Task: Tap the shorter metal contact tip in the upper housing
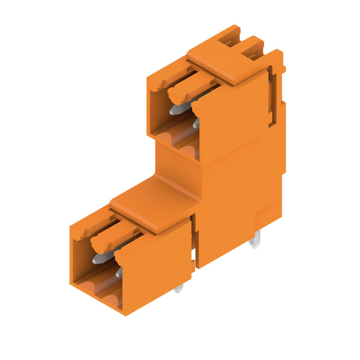tap(196, 122)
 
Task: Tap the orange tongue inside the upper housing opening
tap(189, 88)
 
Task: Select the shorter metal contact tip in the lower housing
tap(119, 272)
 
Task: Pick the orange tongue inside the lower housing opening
tap(112, 238)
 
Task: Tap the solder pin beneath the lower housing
tap(179, 288)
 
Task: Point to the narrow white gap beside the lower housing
tap(193, 256)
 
